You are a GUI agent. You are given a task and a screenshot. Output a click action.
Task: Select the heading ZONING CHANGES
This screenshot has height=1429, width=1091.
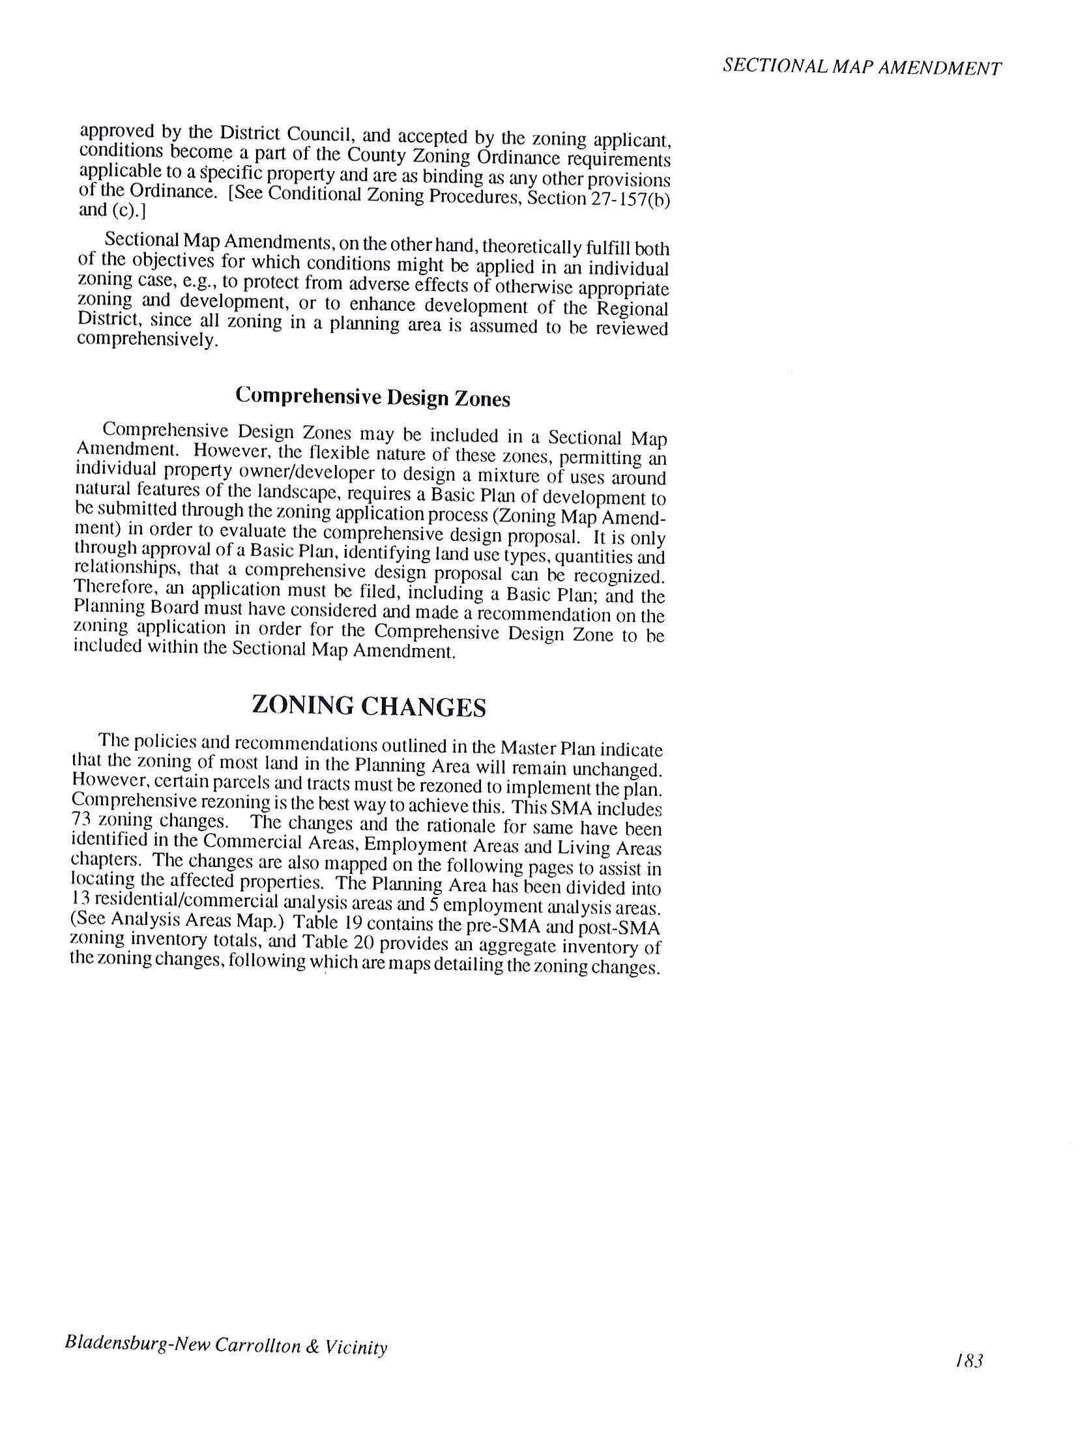[369, 707]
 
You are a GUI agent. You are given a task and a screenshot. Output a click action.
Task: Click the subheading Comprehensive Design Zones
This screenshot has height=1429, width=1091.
[373, 397]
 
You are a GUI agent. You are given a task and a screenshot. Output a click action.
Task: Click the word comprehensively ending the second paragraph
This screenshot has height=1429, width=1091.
[147, 340]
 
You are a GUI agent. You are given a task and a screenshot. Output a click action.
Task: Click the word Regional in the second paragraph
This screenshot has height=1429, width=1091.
[633, 308]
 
